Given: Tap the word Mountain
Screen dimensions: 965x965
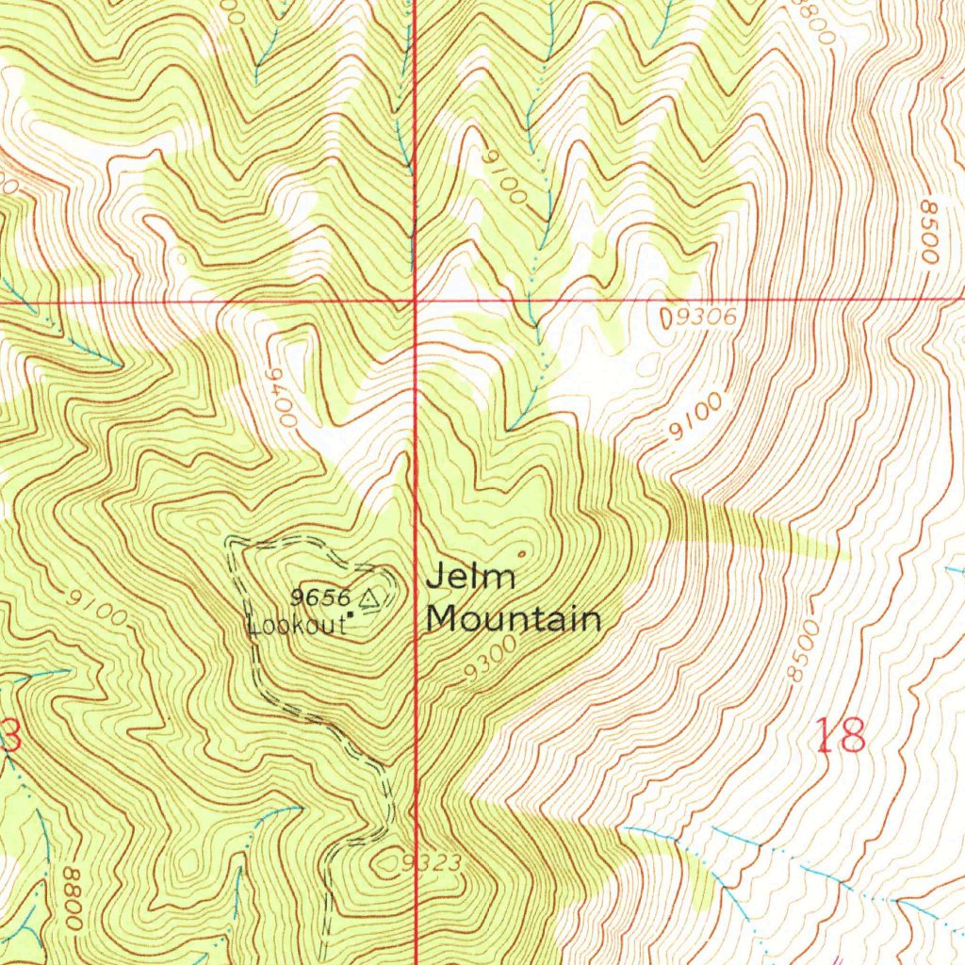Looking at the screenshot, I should [x=514, y=619].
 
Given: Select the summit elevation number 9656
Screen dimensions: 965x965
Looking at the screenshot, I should [x=320, y=596].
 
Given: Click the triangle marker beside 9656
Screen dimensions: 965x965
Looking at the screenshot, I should [x=367, y=597].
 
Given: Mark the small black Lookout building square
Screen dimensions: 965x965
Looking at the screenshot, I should [x=351, y=614].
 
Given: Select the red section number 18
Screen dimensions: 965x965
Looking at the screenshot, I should [x=839, y=735].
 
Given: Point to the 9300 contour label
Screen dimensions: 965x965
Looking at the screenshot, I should [x=490, y=658].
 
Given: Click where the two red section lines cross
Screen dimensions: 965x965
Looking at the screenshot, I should [x=415, y=301].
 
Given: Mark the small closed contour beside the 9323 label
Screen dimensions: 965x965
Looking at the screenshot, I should [x=387, y=859].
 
